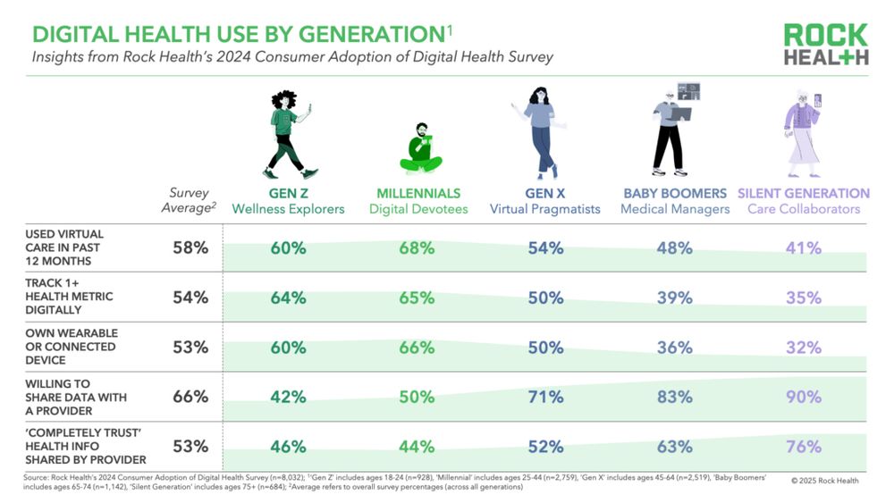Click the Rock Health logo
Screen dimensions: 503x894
tap(825, 44)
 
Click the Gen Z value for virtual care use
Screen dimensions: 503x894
tap(288, 248)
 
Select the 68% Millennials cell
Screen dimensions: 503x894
tap(417, 248)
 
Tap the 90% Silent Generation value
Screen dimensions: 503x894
tap(804, 397)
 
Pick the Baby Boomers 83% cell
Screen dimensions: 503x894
tap(675, 397)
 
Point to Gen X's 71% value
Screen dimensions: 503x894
tap(545, 397)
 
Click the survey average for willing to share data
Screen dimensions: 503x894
tap(190, 397)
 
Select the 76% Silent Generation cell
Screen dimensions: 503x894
tap(804, 446)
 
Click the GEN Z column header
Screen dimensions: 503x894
tap(288, 193)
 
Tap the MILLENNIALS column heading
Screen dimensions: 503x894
tap(417, 193)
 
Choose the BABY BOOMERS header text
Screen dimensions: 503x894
tap(676, 193)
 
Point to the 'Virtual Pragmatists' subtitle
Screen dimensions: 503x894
tap(546, 209)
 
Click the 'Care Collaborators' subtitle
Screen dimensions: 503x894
tap(804, 209)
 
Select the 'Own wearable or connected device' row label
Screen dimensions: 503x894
tap(72, 347)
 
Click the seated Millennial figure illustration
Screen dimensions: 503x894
tap(420, 147)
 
